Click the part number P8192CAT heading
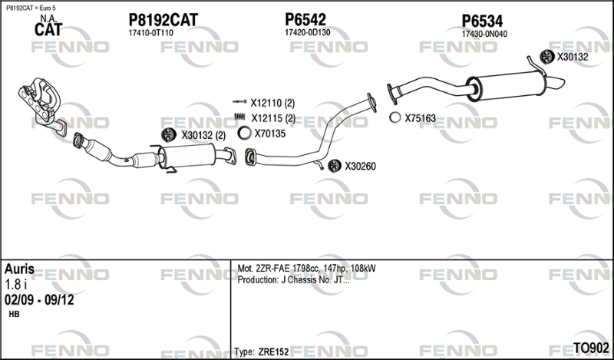[163, 20]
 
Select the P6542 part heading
[305, 19]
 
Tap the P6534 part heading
[482, 21]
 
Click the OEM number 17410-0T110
[150, 33]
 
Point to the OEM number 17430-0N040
[484, 34]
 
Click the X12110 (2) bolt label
[272, 103]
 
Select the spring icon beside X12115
[239, 117]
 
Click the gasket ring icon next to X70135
[244, 134]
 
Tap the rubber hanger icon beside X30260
[334, 166]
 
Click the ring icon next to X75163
[395, 117]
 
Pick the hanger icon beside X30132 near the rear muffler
[546, 57]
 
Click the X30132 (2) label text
[203, 136]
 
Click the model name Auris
[19, 269]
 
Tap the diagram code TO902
[591, 348]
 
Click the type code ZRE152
[273, 352]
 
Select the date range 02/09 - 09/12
[39, 300]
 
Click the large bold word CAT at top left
[48, 30]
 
